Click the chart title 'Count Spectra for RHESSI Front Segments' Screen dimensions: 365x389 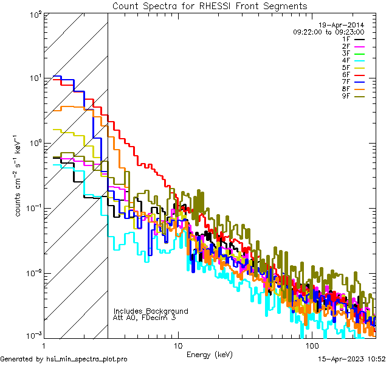(x=210, y=5)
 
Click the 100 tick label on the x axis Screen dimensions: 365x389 (x=312, y=344)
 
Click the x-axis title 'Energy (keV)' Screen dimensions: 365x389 (x=210, y=353)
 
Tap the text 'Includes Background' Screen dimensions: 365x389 (x=151, y=311)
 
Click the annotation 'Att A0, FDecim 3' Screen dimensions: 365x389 (x=144, y=318)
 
